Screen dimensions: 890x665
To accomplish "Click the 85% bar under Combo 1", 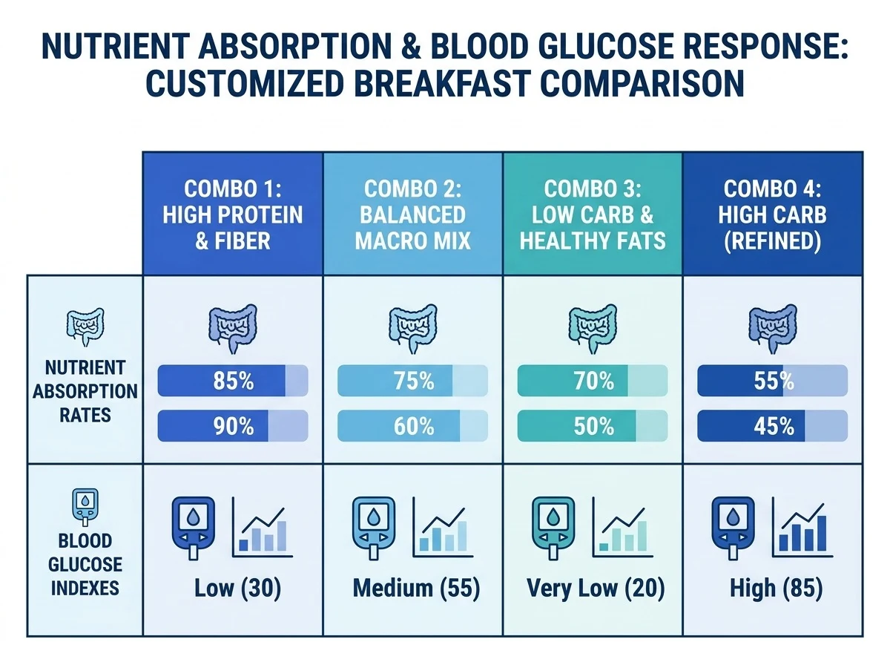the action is pos(233,381).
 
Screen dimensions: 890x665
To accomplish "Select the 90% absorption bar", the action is pos(233,425).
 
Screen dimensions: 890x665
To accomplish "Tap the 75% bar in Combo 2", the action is pos(413,381).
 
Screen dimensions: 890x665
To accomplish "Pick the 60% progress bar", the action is pos(413,425).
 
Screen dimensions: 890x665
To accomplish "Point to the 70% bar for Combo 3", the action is pos(593,381).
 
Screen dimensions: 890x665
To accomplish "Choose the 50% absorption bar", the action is pos(593,425).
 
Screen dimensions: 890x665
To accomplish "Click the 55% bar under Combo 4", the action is pos(772,381).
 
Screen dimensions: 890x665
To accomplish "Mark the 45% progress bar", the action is pos(772,425).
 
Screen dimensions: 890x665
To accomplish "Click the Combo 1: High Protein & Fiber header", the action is pos(233,214).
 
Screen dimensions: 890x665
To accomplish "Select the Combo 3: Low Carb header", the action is pos(593,214).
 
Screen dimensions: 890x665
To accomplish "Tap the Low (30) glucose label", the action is pos(237,589).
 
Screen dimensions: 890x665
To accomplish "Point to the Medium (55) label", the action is pos(416,589).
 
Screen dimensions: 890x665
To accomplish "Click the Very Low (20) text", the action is pos(596,589).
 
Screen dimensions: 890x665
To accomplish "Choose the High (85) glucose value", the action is pos(777,589).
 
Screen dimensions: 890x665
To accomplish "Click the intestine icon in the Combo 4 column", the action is pos(772,329).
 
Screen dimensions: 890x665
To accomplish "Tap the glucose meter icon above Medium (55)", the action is pos(374,528).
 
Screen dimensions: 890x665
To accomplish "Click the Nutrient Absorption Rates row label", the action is pos(85,391).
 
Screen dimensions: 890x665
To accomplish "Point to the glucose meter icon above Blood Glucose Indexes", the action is pos(85,507).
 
